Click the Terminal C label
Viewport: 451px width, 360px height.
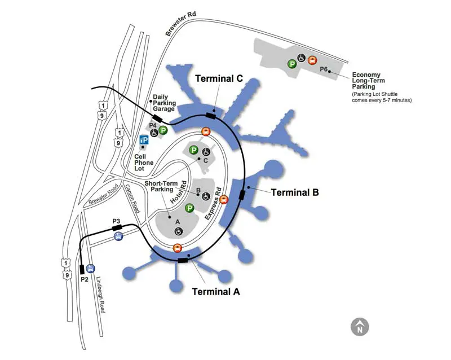219,78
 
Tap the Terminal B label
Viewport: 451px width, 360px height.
295,192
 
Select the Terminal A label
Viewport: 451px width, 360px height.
216,292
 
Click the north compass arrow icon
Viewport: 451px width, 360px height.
360,327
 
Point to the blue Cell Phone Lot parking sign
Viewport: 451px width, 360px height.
144,141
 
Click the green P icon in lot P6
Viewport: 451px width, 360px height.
292,64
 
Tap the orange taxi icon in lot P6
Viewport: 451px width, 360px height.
312,60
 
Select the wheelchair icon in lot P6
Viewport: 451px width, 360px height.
301,58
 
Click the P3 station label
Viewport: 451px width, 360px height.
116,221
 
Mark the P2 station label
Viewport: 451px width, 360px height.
84,279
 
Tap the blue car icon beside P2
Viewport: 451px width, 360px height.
91,269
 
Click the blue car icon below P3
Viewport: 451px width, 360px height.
118,236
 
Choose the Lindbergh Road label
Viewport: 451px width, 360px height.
100,295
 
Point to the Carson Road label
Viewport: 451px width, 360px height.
132,199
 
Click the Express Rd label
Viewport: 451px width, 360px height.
213,204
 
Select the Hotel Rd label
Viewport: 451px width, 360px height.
178,192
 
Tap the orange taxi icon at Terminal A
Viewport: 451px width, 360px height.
178,248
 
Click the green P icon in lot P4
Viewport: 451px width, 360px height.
163,130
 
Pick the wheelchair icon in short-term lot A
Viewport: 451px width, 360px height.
179,231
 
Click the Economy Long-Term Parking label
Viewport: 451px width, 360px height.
369,81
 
